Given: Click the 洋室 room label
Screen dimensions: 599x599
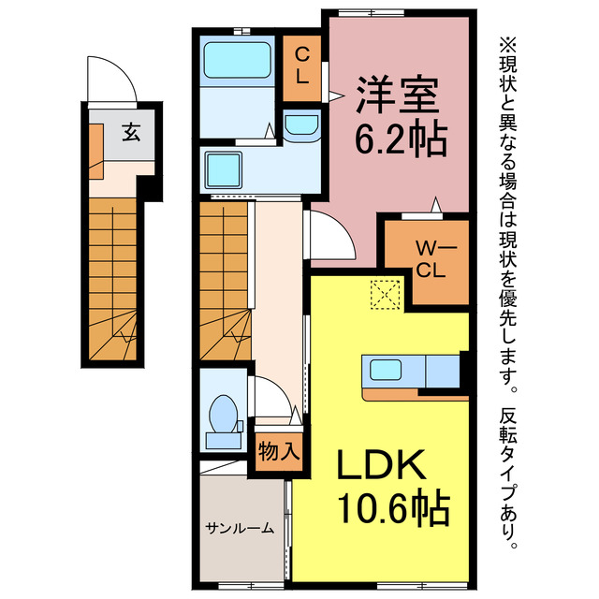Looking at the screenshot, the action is click(x=397, y=95).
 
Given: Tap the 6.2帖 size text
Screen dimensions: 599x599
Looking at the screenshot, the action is click(x=401, y=138).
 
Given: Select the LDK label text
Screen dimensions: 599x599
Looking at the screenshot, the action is click(x=382, y=465).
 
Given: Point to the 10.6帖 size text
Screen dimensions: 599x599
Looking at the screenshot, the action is click(x=394, y=507).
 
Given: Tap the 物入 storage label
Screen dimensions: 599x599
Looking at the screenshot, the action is click(x=279, y=451).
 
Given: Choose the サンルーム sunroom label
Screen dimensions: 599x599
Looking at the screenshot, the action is click(x=240, y=528).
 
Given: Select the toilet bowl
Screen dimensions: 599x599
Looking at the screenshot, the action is click(x=224, y=414).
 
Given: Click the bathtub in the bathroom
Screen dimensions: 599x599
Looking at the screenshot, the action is click(x=237, y=60).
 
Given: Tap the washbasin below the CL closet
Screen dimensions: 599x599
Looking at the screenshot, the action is click(x=301, y=124).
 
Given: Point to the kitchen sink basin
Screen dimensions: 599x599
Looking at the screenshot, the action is click(x=386, y=371).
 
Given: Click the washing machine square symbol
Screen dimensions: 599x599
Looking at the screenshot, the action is click(x=224, y=170).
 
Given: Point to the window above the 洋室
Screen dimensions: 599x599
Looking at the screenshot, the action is click(x=372, y=13).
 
